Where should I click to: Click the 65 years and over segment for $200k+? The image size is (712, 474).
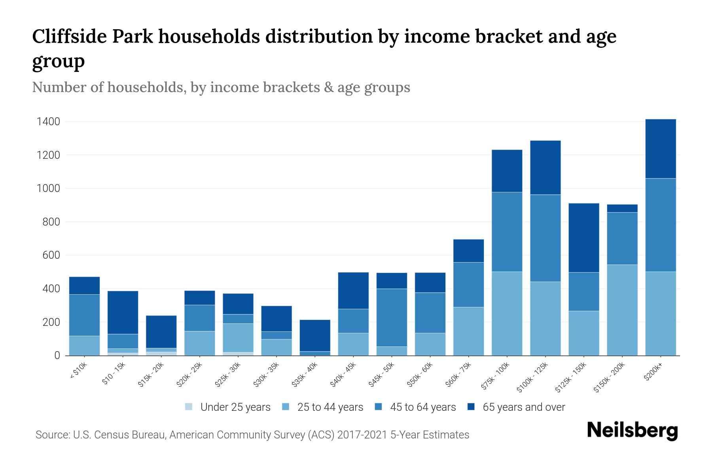tap(660, 149)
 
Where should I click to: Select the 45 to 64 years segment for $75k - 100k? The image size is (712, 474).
tap(507, 232)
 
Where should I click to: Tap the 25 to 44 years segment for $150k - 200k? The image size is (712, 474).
tap(622, 310)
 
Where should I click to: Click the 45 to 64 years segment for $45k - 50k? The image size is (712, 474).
tap(392, 318)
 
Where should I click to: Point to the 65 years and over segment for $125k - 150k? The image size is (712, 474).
tap(583, 238)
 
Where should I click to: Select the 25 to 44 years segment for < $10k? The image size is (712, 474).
tap(84, 346)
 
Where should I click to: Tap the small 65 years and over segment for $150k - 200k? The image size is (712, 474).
tap(622, 208)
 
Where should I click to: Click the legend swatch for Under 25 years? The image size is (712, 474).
tap(189, 407)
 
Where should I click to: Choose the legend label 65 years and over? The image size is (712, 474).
tap(524, 407)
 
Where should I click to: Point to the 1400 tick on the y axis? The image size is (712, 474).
tap(48, 122)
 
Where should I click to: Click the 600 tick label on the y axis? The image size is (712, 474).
tap(51, 255)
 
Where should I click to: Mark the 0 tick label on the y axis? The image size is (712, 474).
tap(57, 355)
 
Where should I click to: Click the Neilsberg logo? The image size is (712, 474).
tap(632, 431)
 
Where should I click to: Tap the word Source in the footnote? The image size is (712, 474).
tap(51, 435)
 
